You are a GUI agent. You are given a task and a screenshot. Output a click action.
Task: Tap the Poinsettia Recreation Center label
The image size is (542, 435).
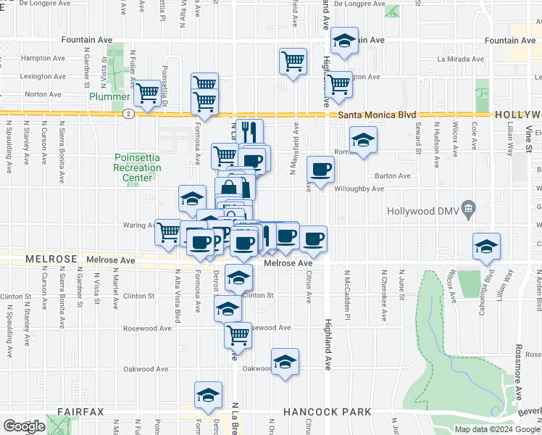[x=138, y=168]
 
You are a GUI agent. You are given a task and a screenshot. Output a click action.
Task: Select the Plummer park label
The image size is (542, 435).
[x=109, y=96]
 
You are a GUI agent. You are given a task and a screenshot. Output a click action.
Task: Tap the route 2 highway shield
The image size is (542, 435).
[x=128, y=114]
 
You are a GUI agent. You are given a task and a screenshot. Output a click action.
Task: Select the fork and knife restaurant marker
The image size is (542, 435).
[x=249, y=132]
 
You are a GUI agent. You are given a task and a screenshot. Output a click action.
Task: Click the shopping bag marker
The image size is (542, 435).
[x=229, y=189]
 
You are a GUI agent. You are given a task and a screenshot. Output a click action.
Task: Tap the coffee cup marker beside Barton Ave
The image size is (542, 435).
[x=320, y=170]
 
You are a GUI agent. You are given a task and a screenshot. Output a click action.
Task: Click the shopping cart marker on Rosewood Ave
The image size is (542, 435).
[x=238, y=335]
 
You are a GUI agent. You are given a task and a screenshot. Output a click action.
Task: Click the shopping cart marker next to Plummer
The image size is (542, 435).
[x=148, y=93]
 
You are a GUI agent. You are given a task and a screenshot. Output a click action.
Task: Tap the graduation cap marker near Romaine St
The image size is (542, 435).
[x=363, y=139]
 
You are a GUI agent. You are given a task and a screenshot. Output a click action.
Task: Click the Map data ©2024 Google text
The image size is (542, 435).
[x=496, y=429]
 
